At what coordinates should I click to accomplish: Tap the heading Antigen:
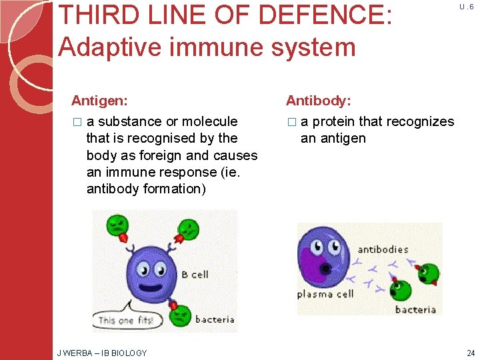click(x=100, y=101)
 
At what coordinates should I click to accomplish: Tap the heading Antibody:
click(x=318, y=101)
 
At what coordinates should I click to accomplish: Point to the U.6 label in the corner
click(x=466, y=7)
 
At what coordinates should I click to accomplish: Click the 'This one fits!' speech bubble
click(x=125, y=319)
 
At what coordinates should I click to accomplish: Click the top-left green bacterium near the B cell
click(x=117, y=225)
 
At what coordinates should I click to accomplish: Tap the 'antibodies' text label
click(x=383, y=249)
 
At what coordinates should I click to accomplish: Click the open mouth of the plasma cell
click(x=327, y=269)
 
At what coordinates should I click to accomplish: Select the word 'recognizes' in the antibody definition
click(x=420, y=121)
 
